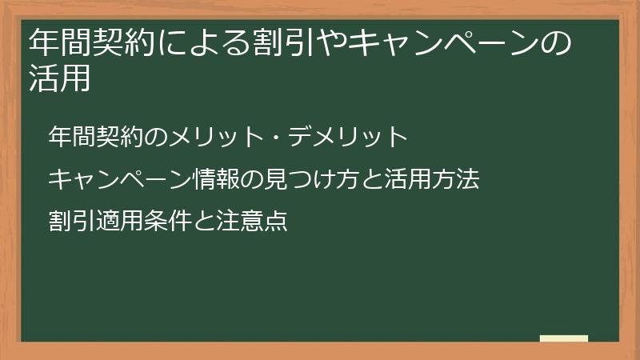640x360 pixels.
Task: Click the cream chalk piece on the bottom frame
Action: point(563,338)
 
